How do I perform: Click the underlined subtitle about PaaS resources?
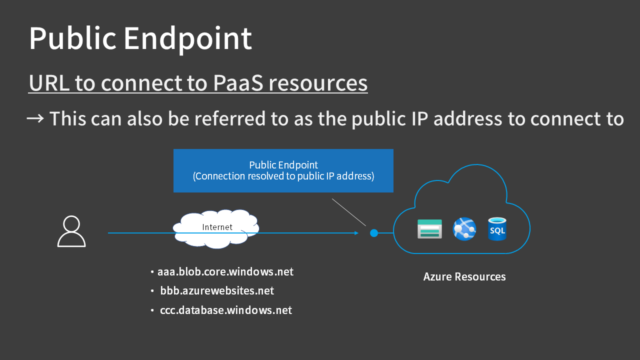tap(198, 82)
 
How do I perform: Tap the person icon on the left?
tap(72, 231)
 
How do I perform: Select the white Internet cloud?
tap(218, 228)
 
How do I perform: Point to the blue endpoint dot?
tap(373, 233)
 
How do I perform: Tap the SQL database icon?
tap(497, 230)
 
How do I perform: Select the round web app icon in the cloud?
tap(464, 230)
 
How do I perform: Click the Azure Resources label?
tap(464, 276)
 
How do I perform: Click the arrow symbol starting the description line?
tap(34, 118)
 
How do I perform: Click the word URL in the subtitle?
tap(49, 82)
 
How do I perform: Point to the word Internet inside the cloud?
tap(218, 227)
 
